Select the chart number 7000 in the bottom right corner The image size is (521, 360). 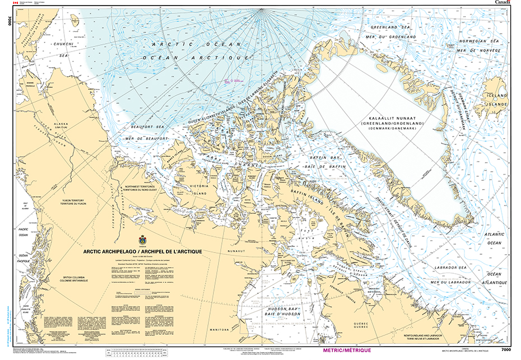[506, 350]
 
